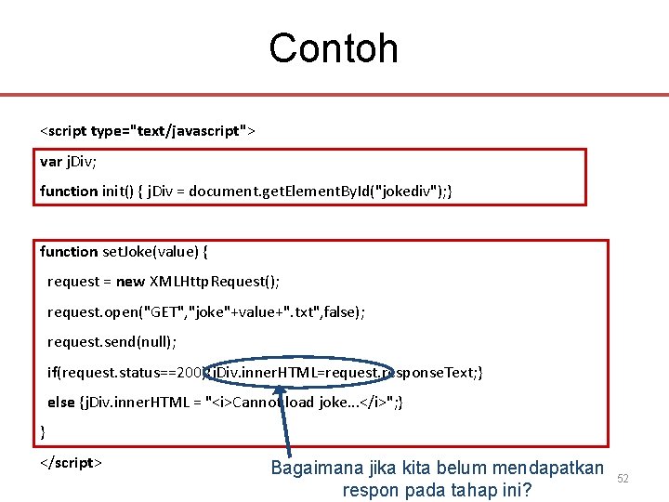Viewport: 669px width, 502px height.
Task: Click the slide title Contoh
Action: pos(334,48)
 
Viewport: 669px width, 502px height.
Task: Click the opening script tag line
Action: pos(147,131)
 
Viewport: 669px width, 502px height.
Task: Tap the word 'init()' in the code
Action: pos(119,192)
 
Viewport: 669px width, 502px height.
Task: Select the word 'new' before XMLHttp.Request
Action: pos(130,282)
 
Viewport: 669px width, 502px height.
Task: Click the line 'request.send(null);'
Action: pos(111,342)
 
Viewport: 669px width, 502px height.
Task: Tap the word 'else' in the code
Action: pos(61,403)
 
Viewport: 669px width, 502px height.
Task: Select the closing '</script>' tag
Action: pos(71,463)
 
